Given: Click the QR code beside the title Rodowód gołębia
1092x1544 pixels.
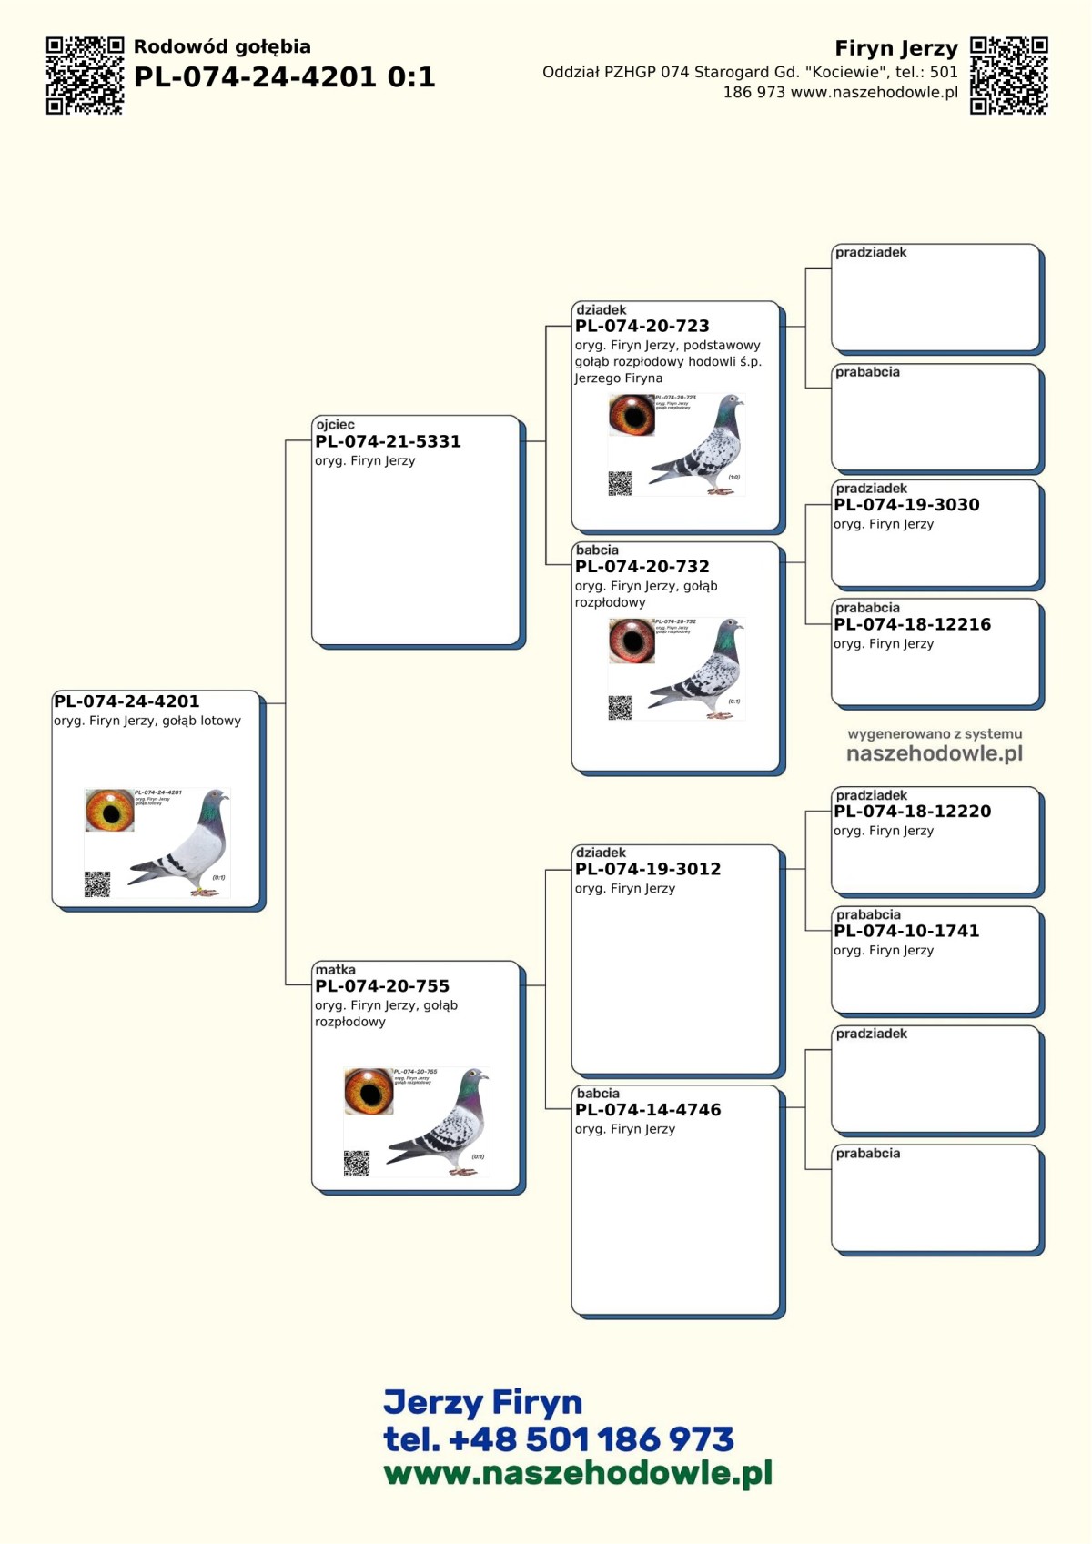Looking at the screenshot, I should pyautogui.click(x=85, y=76).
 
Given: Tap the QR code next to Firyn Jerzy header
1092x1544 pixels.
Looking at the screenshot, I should pyautogui.click(x=1008, y=76).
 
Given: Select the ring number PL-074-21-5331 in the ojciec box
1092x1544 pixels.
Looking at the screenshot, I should pyautogui.click(x=388, y=442).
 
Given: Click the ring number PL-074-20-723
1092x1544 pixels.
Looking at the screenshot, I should pyautogui.click(x=642, y=327).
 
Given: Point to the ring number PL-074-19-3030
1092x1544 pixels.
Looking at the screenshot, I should pyautogui.click(x=906, y=505).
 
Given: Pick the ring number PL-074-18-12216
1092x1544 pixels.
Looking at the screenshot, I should pyautogui.click(x=912, y=625).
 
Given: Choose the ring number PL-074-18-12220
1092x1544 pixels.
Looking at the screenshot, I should pyautogui.click(x=912, y=812).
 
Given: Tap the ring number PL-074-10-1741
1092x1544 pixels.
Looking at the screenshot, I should pyautogui.click(x=906, y=932).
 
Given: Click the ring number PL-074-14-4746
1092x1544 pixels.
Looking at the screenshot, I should pyautogui.click(x=647, y=1110).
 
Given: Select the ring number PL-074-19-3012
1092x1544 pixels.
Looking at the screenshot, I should pyautogui.click(x=647, y=870).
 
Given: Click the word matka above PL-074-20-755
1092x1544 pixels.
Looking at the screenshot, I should pyautogui.click(x=335, y=970).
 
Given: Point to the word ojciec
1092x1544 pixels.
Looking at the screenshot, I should pyautogui.click(x=335, y=425).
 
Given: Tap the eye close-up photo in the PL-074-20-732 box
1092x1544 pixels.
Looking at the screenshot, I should pyautogui.click(x=632, y=641).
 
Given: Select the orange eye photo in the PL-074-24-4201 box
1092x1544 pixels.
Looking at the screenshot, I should pyautogui.click(x=109, y=811).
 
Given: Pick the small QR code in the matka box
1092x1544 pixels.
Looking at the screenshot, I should pyautogui.click(x=356, y=1163).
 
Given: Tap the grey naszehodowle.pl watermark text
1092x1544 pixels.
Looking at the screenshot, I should pyautogui.click(x=934, y=753).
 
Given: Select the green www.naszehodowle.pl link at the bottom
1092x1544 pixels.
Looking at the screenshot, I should pyautogui.click(x=578, y=1473).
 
